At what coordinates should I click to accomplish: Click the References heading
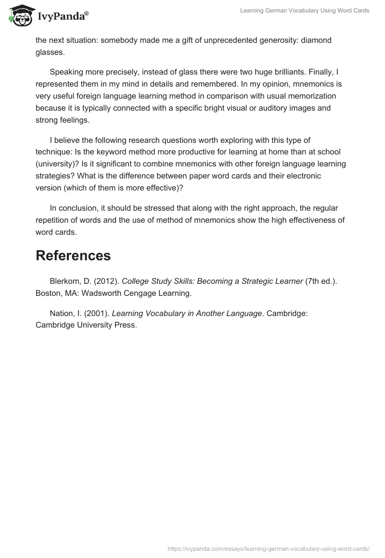[x=73, y=255]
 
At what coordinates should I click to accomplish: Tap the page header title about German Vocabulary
[x=305, y=11]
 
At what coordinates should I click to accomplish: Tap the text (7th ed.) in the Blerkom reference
[x=321, y=281]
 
